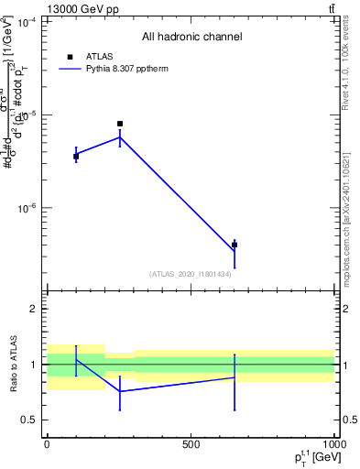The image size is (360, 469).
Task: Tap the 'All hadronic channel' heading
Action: pos(191,38)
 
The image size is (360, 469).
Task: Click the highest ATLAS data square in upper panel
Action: pos(120,124)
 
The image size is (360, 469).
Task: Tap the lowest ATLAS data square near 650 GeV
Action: pos(235,245)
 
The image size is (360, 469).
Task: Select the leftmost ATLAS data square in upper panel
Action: pos(76,157)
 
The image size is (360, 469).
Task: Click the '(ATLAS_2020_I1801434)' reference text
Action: pos(190,274)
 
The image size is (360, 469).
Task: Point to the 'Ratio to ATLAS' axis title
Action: pos(13,364)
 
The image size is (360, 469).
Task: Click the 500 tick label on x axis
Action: pos(191,443)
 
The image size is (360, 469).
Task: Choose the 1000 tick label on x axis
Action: pos(333,443)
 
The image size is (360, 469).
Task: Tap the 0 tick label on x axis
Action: pos(47,443)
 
